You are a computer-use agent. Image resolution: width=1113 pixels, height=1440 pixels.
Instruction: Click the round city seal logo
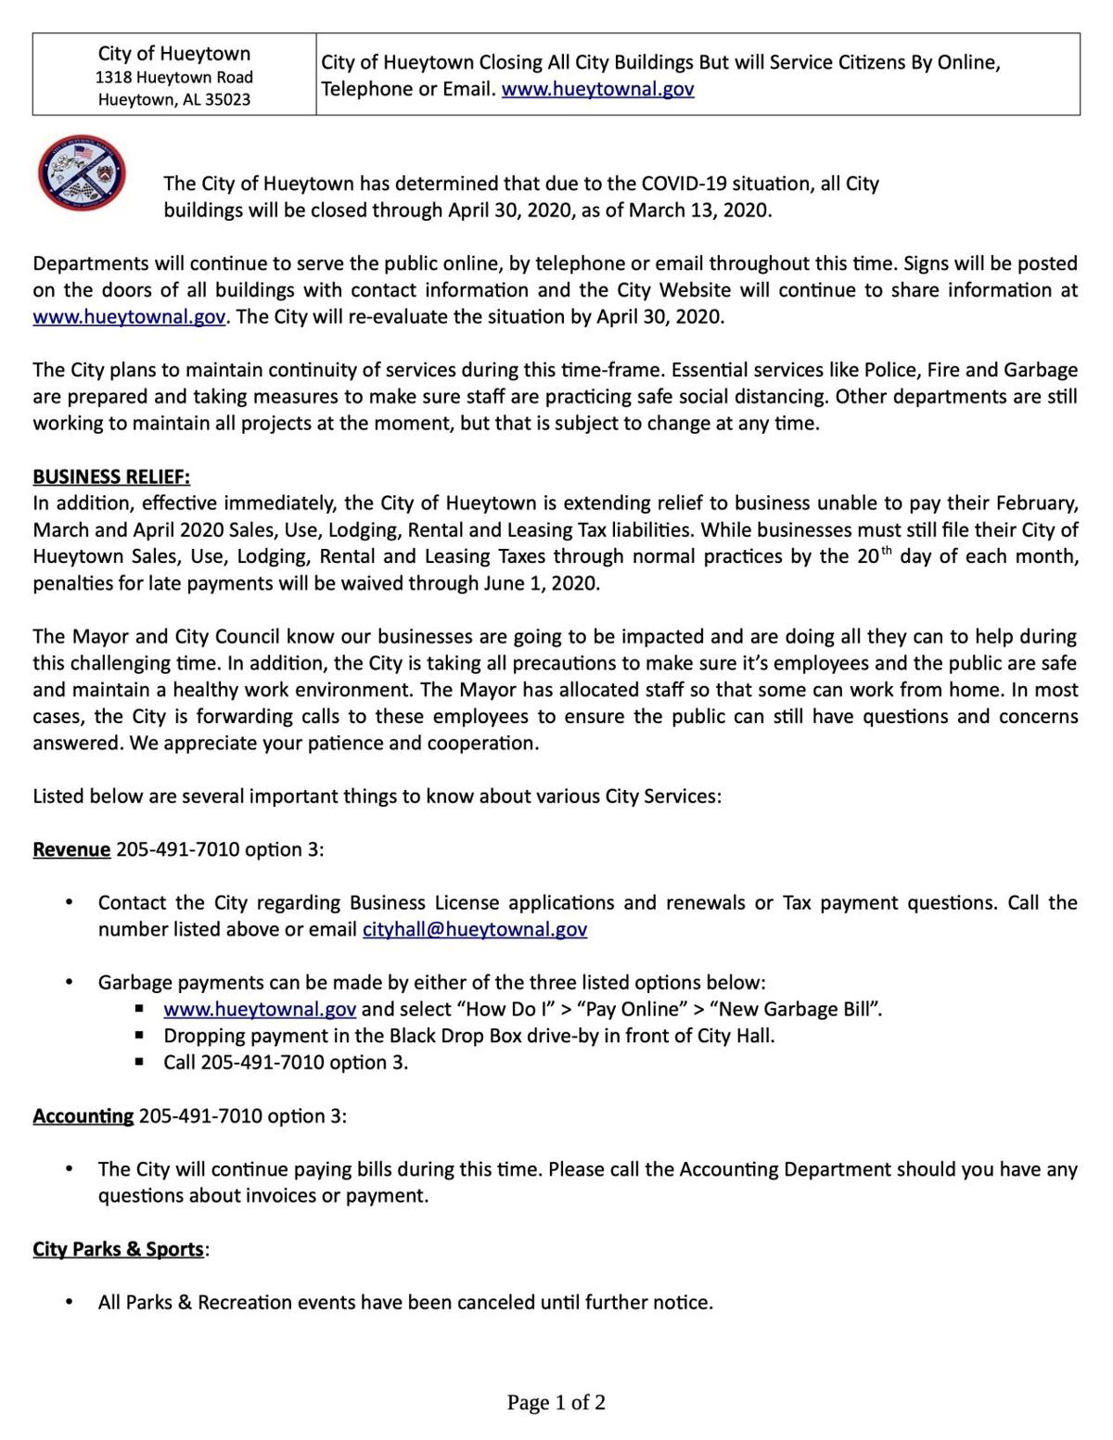(82, 173)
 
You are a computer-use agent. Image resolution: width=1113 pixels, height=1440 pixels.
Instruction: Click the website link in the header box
(597, 90)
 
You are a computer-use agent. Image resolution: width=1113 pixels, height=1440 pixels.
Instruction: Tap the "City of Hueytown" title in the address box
(174, 54)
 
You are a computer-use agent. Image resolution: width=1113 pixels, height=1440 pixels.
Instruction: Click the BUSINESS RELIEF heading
(111, 477)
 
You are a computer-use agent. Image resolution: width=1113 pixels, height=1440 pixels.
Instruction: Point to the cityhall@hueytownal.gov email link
(474, 929)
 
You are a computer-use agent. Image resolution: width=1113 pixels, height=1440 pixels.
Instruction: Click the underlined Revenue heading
(71, 849)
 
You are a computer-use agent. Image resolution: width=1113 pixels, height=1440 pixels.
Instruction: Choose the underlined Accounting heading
(83, 1115)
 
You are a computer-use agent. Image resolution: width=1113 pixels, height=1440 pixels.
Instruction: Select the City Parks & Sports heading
(118, 1249)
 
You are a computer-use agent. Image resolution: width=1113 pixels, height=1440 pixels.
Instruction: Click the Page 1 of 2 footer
(556, 1402)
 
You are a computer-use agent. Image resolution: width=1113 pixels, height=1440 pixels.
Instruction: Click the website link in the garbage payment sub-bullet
(260, 1009)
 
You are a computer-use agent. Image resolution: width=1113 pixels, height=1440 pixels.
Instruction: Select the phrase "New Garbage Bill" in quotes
(792, 1009)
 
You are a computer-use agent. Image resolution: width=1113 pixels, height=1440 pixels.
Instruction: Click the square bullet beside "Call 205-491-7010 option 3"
(139, 1062)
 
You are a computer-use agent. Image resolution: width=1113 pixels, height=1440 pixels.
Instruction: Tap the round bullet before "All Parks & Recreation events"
(69, 1302)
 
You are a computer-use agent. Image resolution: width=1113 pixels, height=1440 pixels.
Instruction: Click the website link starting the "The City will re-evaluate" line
(129, 317)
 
